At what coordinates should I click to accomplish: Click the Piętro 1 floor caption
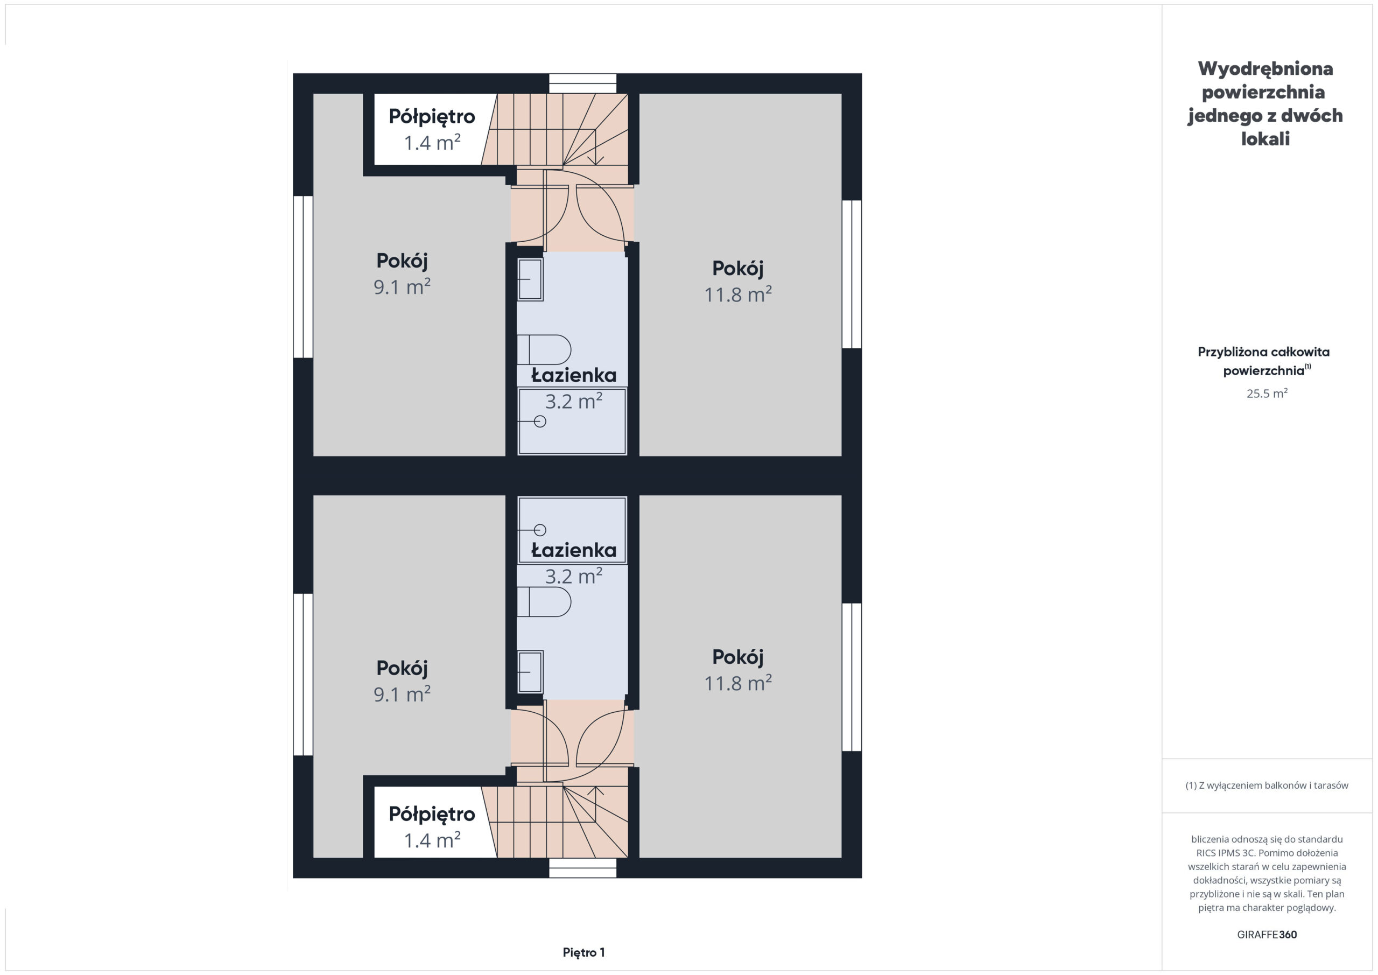583,952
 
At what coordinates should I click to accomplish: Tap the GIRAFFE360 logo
1267,935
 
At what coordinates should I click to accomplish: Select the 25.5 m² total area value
1267,393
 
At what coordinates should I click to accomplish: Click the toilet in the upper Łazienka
544,349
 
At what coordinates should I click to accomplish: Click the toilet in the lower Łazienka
544,601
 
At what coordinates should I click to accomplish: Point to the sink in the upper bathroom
531,279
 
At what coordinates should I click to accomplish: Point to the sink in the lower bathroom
531,672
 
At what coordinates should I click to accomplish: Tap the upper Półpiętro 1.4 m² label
432,129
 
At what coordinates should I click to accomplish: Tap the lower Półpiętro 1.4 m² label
432,827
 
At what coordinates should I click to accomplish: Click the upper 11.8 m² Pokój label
737,282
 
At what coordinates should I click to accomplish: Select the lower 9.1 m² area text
402,694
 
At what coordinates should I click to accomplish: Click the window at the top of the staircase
583,83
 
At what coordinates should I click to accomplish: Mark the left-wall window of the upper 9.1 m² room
303,277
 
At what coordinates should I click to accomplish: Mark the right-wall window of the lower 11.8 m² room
852,677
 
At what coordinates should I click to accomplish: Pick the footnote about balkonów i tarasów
1267,785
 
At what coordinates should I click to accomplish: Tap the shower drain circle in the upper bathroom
540,422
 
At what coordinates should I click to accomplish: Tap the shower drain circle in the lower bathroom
540,530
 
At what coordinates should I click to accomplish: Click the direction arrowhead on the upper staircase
595,160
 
